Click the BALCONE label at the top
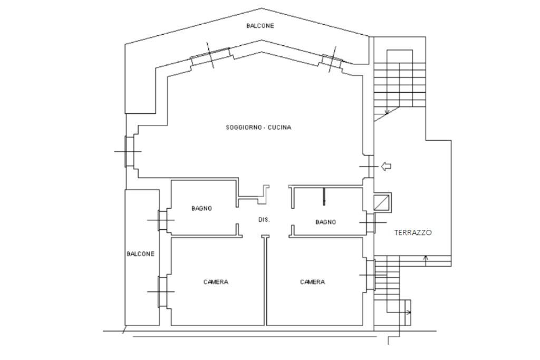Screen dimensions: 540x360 (260, 26)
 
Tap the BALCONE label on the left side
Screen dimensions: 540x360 (140, 254)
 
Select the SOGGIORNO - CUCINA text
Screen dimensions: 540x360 (258, 128)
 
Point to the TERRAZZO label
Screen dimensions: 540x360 (412, 232)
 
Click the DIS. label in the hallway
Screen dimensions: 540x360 (264, 220)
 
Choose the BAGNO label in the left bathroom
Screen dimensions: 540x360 (202, 208)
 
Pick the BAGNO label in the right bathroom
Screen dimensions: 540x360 (325, 222)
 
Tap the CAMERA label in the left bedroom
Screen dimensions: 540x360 (216, 282)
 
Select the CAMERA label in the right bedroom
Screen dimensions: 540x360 (312, 282)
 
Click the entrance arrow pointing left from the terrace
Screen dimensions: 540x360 (385, 167)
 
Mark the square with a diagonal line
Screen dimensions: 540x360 (382, 202)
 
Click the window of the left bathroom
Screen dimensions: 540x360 (162, 220)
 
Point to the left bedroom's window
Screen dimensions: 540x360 (162, 292)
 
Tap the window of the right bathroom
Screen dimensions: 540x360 (371, 222)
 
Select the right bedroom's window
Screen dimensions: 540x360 (371, 275)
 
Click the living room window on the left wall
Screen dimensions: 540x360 (129, 151)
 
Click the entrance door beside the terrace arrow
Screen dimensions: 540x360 (369, 167)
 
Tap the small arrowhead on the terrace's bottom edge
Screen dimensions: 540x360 (426, 257)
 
